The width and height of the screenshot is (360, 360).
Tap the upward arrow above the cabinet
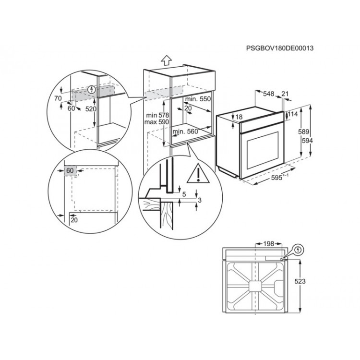coord(166,60)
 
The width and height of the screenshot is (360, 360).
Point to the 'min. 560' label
coord(186,131)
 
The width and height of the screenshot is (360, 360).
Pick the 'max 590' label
coord(158,123)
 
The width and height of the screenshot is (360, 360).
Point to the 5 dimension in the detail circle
coord(183,195)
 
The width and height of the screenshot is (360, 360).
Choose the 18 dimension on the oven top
coord(239,117)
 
